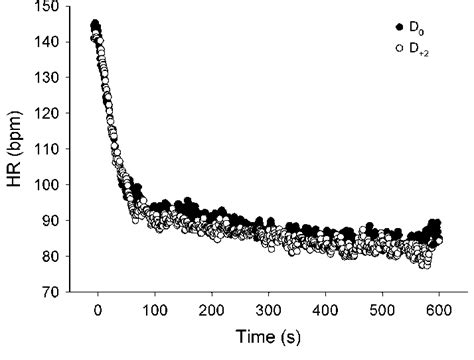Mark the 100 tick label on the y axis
[x=47, y=185]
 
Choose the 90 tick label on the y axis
[x=50, y=221]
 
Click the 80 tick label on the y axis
[x=50, y=257]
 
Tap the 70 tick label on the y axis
[x=50, y=293]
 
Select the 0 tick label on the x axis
[x=98, y=311]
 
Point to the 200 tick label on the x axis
[x=211, y=311]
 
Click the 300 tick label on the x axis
[x=268, y=311]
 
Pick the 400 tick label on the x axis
[x=324, y=311]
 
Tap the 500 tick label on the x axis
[x=381, y=311]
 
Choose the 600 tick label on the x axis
[x=437, y=311]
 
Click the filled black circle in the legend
[x=401, y=27]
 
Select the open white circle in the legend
[x=401, y=46]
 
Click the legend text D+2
[x=420, y=47]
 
